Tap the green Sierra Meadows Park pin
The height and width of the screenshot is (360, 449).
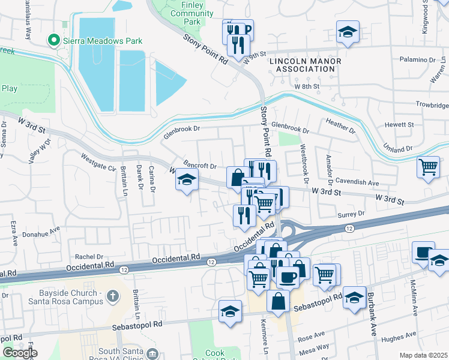[x=53, y=41]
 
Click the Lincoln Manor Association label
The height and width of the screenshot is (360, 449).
[x=306, y=65]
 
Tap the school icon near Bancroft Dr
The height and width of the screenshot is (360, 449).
[x=187, y=179]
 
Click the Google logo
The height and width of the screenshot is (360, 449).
[x=20, y=353]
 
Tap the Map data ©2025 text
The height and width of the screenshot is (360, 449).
[x=423, y=355]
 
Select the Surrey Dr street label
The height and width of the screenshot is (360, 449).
[x=352, y=214]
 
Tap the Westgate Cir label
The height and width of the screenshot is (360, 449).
[x=98, y=162]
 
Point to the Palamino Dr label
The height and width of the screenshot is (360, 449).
[x=420, y=61]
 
